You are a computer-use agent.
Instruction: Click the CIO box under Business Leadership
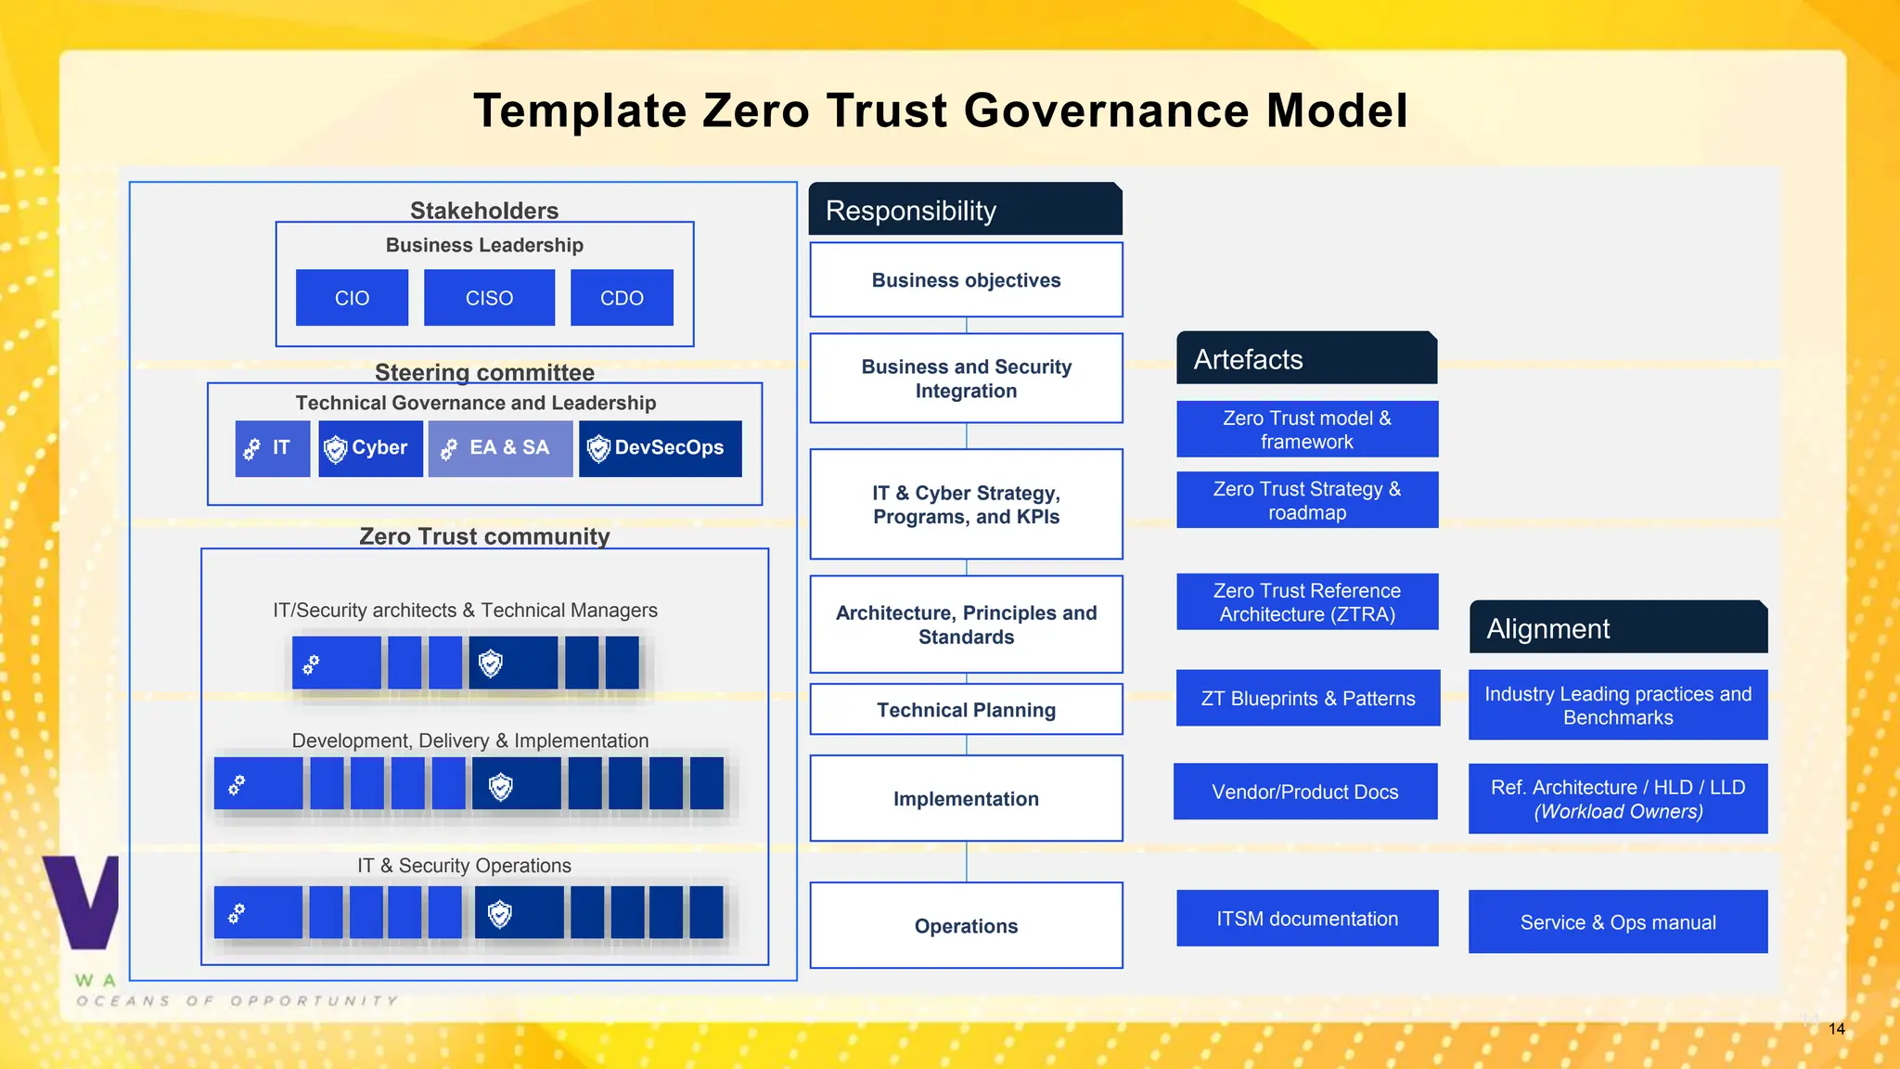(x=352, y=298)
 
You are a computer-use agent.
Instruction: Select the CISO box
(x=489, y=298)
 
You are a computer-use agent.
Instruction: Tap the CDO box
(x=622, y=298)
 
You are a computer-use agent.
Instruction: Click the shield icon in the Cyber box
(x=335, y=449)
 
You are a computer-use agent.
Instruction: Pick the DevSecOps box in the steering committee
(x=660, y=448)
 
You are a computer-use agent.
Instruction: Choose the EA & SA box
(x=500, y=448)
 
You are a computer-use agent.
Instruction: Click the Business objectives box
(x=966, y=280)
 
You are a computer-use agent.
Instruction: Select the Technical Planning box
(x=966, y=710)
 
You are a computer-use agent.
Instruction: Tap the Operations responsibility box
(x=966, y=925)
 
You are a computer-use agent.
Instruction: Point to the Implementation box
(x=966, y=798)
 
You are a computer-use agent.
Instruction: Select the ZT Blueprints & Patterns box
(x=1307, y=698)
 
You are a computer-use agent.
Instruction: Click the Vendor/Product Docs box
(x=1304, y=792)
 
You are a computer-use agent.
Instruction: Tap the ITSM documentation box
(x=1307, y=919)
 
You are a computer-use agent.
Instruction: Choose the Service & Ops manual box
(x=1618, y=921)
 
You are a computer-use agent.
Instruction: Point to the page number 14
(x=1837, y=1029)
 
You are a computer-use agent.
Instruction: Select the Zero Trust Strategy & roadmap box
(x=1307, y=500)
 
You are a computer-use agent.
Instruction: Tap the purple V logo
(x=83, y=900)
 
